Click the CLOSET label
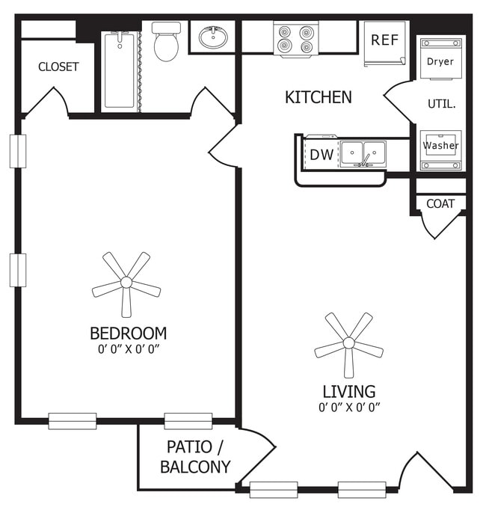coord(58,67)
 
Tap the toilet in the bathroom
coord(166,43)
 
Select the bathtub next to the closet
coord(120,70)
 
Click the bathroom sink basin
coord(213,37)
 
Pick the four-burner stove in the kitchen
coord(295,39)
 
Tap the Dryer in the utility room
coord(440,61)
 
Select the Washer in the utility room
coord(440,145)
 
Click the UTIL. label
coord(441,104)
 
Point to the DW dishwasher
coord(321,155)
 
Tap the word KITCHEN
coord(318,97)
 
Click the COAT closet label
coord(440,203)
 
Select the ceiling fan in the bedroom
coord(126,283)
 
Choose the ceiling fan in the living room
coord(348,344)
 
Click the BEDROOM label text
coord(128,333)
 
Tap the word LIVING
coord(348,391)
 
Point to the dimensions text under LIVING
coord(349,408)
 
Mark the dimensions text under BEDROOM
coord(128,348)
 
